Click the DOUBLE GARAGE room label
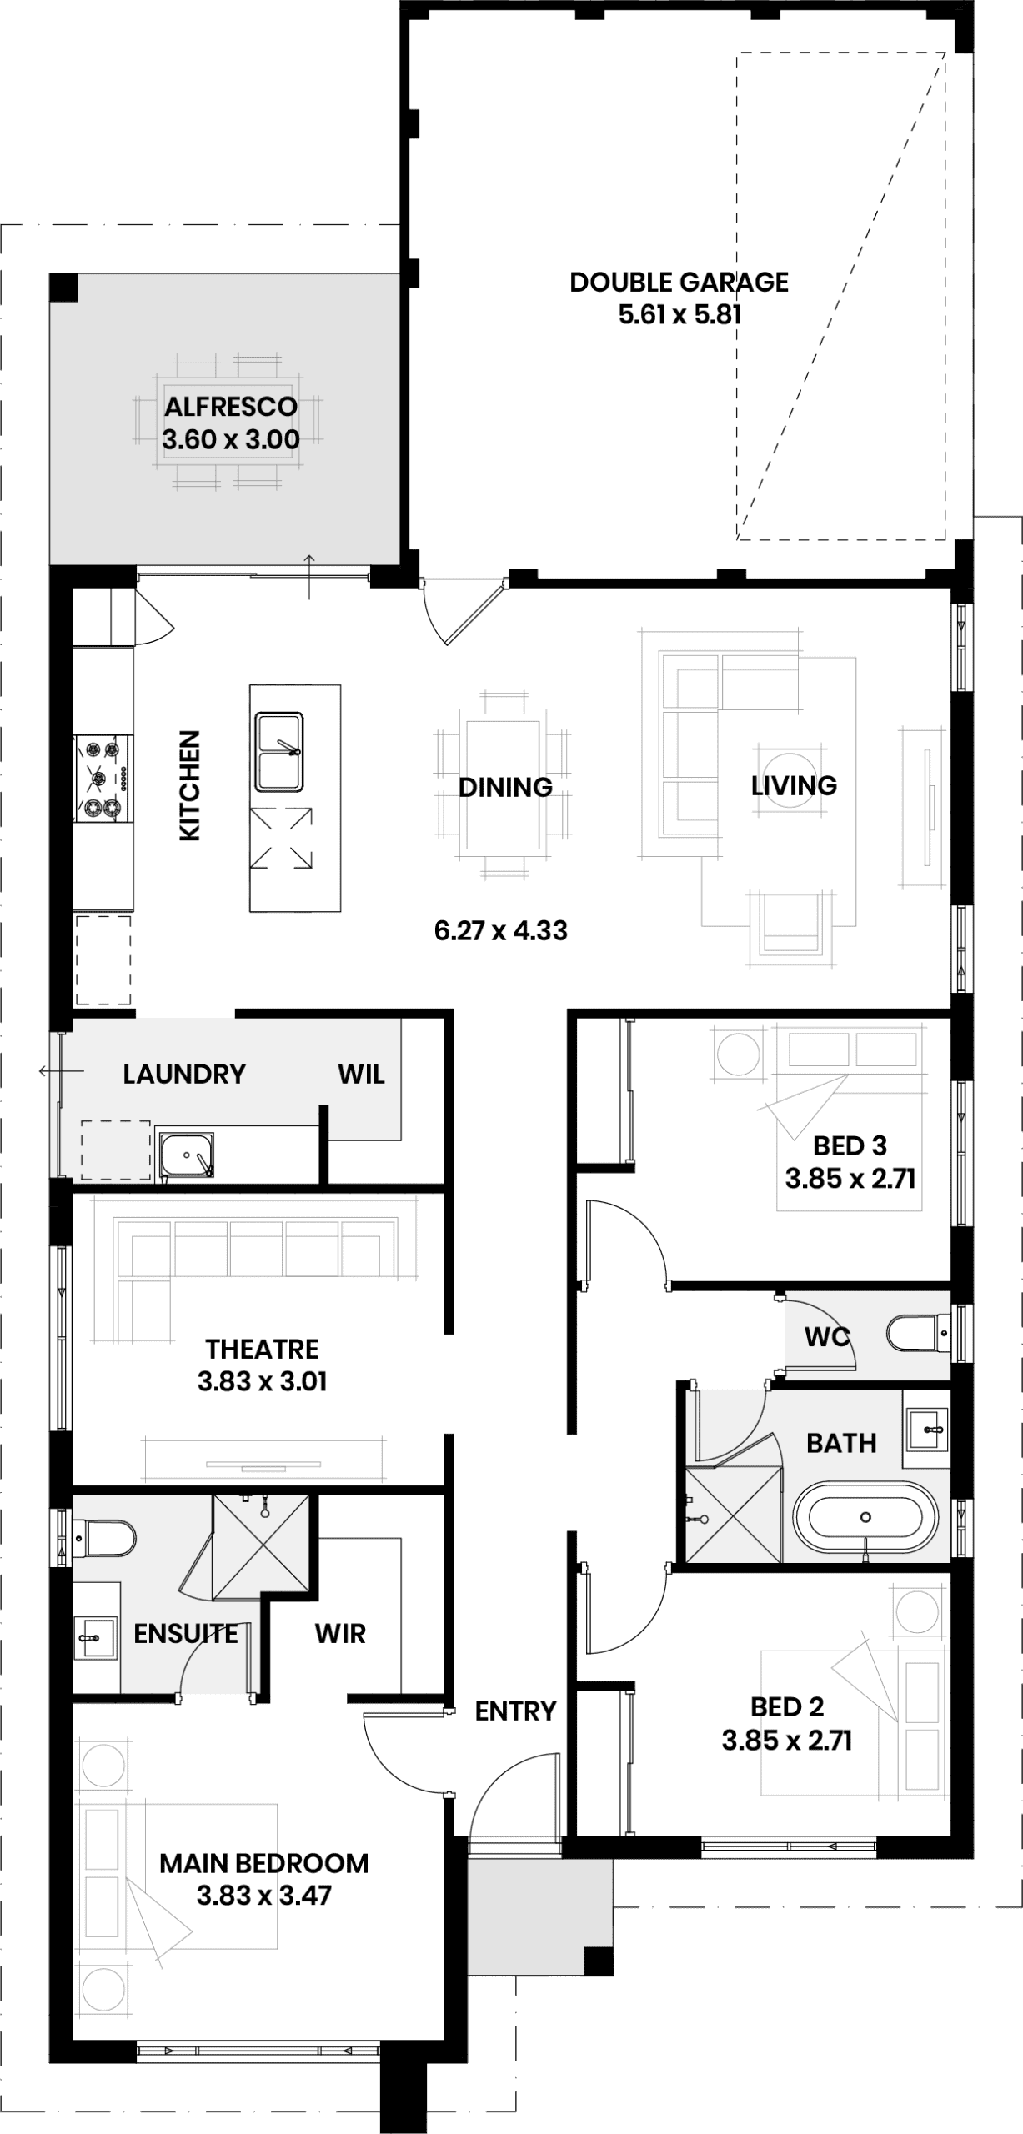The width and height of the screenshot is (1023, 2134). tap(679, 282)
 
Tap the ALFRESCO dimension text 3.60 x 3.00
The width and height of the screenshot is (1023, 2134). tap(231, 439)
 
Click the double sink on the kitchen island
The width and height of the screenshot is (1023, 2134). tap(279, 751)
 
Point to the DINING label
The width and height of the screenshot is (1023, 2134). tap(505, 786)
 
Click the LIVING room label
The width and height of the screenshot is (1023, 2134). tap(794, 785)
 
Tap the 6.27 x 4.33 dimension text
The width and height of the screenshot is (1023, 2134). tap(500, 930)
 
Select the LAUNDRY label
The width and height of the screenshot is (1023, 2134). tap(184, 1074)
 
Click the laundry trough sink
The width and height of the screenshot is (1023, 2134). tap(186, 1155)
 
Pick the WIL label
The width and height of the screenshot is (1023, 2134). tap(361, 1074)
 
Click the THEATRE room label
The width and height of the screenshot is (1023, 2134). tap(262, 1349)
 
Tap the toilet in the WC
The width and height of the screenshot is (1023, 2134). tap(918, 1334)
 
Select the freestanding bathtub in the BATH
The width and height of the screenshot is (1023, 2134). tap(865, 1517)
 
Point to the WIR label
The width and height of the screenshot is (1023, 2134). tap(340, 1633)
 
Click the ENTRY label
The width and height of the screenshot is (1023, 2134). tap(515, 1711)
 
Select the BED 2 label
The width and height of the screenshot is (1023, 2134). tap(787, 1706)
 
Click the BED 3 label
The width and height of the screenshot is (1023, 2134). tap(850, 1145)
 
